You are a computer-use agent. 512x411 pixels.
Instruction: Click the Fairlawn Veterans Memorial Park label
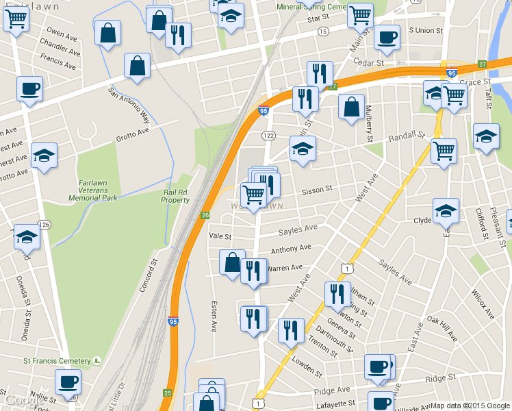[x=93, y=190]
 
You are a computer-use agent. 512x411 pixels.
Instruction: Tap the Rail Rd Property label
[x=176, y=196]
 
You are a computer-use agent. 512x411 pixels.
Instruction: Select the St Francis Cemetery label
[x=57, y=361]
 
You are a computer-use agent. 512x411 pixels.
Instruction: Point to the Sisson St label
[x=318, y=188]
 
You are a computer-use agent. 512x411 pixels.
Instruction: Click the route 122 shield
[x=269, y=136]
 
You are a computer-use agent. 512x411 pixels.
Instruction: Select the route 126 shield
[x=44, y=225]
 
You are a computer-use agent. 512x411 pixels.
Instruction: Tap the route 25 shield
[x=168, y=393]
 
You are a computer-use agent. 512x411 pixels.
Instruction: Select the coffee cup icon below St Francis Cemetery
[x=68, y=382]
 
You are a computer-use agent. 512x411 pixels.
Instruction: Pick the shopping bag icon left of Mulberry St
[x=351, y=108]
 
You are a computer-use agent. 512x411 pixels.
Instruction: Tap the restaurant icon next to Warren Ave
[x=254, y=271]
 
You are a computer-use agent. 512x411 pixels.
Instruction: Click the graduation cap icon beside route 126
[x=27, y=237]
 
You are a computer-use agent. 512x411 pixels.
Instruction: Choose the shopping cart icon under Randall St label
[x=444, y=150]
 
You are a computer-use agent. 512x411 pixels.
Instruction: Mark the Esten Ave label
[x=214, y=317]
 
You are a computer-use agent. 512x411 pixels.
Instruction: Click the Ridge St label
[x=440, y=378]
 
